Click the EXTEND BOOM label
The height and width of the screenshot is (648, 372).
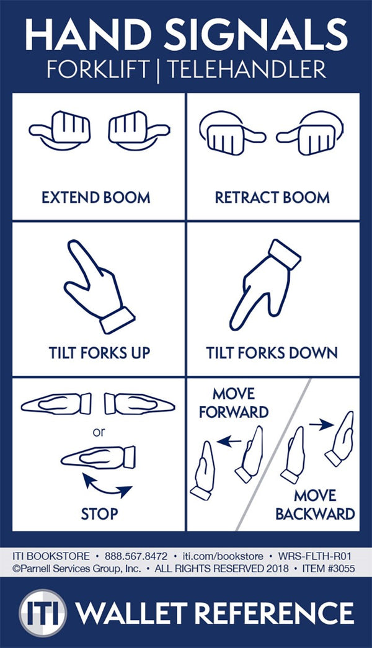point(95,198)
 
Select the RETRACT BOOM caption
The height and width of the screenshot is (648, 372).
point(272,198)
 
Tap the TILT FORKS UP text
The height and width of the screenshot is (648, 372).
point(99,353)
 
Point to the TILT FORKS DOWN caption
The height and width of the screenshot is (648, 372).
point(272,353)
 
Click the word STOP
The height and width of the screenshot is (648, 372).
point(99,513)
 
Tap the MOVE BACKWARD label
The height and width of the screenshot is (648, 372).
point(315,505)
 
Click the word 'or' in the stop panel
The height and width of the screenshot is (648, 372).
point(99,432)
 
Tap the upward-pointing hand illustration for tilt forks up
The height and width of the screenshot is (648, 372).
point(97,286)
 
